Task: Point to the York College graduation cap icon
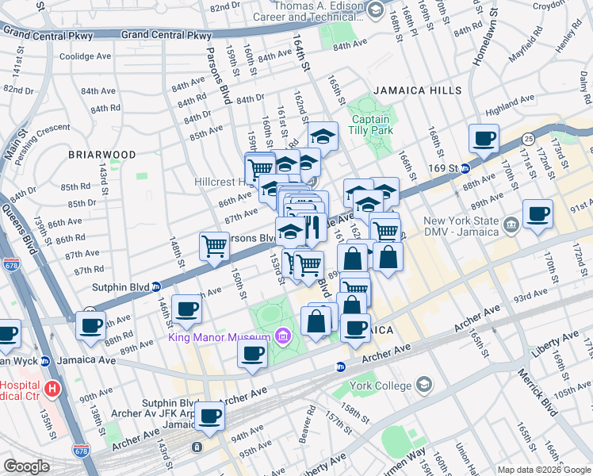coord(424,386)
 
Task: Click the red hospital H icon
coord(52,389)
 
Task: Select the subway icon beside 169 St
coord(465,168)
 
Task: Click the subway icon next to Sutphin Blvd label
coord(157,287)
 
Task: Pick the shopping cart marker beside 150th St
coord(214,246)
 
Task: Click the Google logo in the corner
coord(26,466)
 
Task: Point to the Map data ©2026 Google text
coord(544,470)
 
